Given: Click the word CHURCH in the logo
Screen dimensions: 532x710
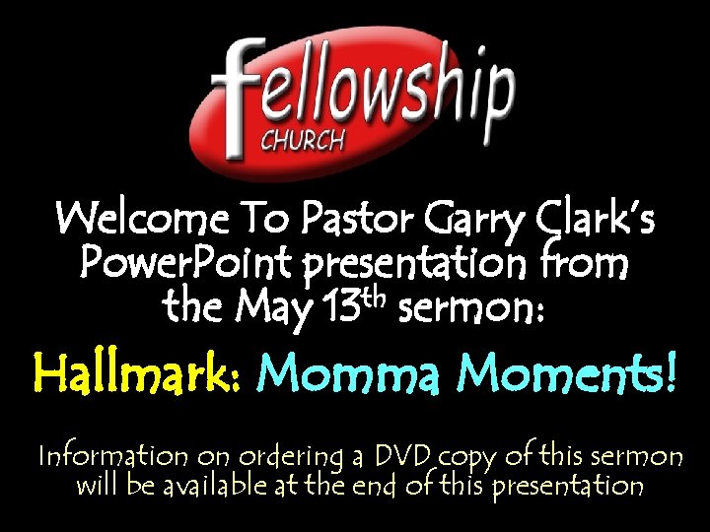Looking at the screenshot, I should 302,139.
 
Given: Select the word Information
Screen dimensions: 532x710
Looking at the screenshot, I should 112,456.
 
